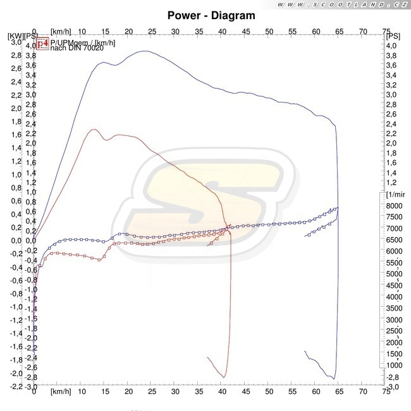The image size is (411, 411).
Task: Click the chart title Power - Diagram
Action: pos(212,15)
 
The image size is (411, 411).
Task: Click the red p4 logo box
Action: pos(42,44)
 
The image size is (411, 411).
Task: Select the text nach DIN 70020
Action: pos(76,48)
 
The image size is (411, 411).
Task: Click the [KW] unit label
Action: pos(15,37)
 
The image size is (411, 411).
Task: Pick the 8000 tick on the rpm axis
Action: pos(395,206)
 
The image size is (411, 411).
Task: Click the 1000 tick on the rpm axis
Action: pos(395,365)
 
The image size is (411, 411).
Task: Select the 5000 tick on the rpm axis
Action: pos(395,274)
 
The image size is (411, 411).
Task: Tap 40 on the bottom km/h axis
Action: pos(222,392)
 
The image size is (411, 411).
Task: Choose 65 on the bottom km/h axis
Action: pos(340,392)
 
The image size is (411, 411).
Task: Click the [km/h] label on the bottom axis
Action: pos(61,392)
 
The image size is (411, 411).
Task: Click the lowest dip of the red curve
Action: pos(224,377)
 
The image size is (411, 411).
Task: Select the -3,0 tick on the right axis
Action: pos(392,386)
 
